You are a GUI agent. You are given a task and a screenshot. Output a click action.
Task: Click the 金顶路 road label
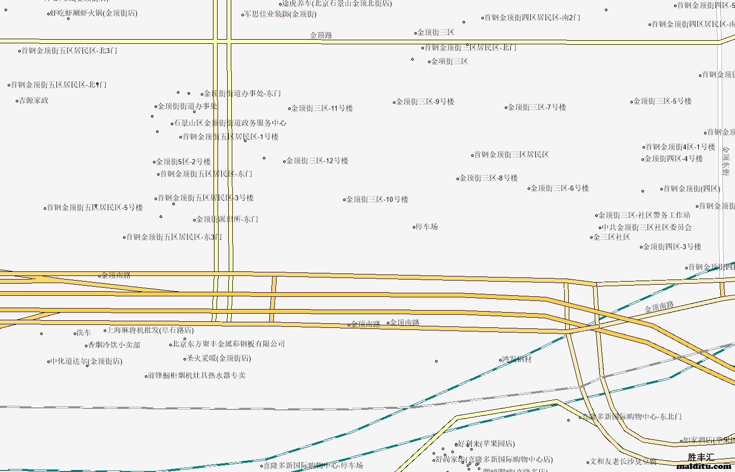pos(321,35)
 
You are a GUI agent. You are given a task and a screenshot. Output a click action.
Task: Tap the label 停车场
pos(426,227)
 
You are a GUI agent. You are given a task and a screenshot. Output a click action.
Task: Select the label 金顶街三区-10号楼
pos(377,199)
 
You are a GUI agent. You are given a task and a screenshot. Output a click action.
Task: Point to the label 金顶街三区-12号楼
pos(317,160)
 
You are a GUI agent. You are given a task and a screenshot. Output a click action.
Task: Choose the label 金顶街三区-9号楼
pos(425,101)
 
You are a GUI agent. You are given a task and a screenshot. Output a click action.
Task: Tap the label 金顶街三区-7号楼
pos(537,107)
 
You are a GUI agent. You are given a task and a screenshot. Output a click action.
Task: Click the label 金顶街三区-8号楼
pos(488,178)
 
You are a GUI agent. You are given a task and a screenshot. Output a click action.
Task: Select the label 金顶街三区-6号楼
pos(560,188)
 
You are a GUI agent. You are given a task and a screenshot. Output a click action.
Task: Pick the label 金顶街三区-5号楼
pos(662,101)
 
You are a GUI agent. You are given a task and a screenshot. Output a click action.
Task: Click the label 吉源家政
pos(34,100)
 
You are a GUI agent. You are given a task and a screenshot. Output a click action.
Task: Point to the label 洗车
pos(83,332)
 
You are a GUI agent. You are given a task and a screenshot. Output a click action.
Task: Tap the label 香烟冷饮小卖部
pos(114,345)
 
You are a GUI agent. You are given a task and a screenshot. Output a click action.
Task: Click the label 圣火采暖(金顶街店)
pos(219,358)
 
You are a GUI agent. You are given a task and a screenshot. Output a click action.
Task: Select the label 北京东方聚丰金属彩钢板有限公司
pos(229,344)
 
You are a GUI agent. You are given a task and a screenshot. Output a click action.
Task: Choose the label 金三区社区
pos(611,237)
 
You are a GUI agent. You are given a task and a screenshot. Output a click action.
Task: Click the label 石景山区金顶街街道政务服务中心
pos(230,123)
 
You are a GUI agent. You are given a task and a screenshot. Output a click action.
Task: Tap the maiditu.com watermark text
pos(703,466)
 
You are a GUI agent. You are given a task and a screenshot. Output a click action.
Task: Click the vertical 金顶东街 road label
pos(725,161)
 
